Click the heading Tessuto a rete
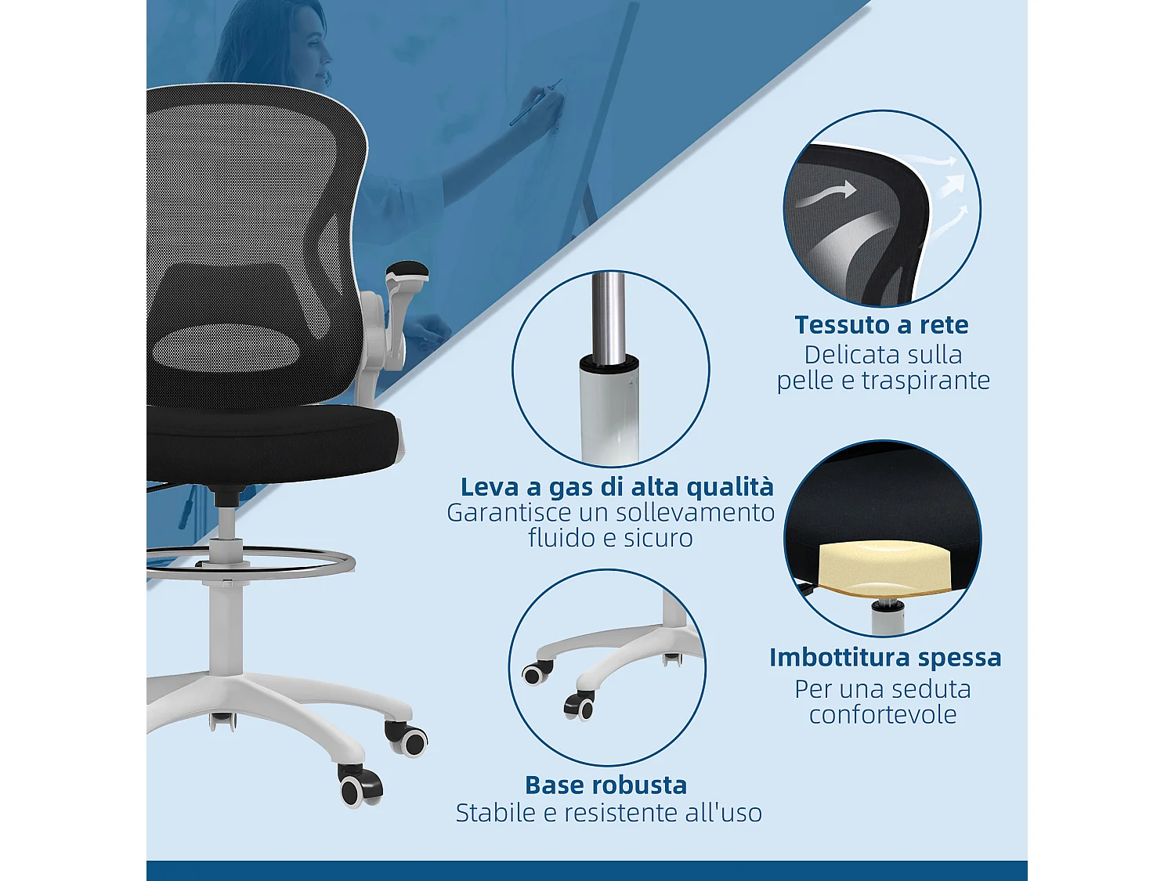881,325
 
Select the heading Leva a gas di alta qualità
616,487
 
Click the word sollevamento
695,513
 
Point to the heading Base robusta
606,785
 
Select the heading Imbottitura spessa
885,658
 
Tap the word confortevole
883,715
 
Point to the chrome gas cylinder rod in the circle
608,317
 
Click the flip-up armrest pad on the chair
407,271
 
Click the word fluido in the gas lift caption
559,539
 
